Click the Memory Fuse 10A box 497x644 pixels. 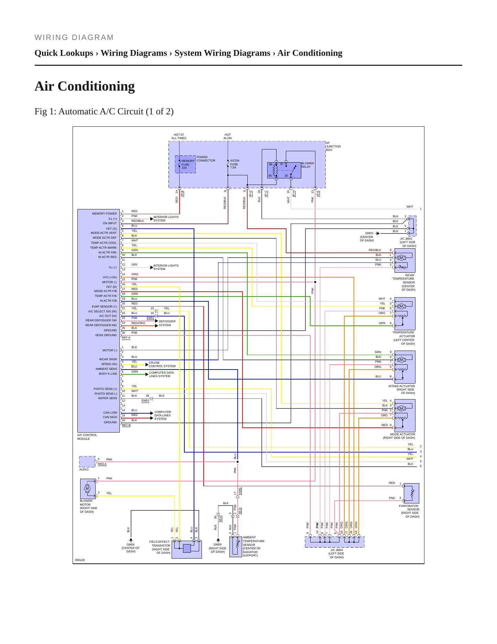tap(185, 164)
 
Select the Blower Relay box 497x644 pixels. tap(284, 170)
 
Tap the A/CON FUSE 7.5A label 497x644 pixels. tap(235, 164)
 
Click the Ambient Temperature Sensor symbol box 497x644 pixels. tap(236, 547)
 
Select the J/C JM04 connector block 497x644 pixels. tap(334, 542)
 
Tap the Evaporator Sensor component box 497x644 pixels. tap(411, 493)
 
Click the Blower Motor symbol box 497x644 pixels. tap(88, 489)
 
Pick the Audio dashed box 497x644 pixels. tap(87, 461)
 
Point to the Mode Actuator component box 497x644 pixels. tap(405, 416)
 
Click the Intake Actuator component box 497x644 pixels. tap(405, 367)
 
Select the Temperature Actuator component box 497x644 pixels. tap(405, 314)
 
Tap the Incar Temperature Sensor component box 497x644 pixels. tap(405, 261)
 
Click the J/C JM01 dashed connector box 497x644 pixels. tap(412, 226)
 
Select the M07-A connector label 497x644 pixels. tap(126, 337)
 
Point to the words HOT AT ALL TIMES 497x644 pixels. tap(179, 136)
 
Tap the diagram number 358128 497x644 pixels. tap(80, 560)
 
